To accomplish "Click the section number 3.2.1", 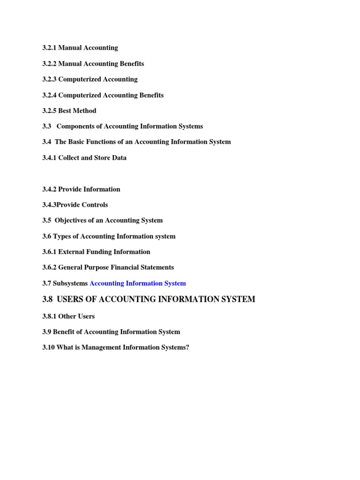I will coord(49,48).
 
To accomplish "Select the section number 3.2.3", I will coord(49,79).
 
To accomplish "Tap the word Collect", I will coord(70,157).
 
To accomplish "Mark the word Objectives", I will coord(72,220).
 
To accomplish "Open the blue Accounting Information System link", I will coord(137,283).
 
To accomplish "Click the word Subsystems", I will coord(70,283).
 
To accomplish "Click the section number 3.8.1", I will coord(49,316).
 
